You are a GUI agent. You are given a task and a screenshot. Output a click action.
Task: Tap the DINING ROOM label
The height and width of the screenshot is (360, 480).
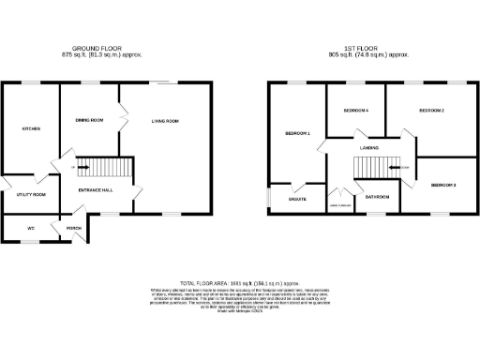click(x=88, y=121)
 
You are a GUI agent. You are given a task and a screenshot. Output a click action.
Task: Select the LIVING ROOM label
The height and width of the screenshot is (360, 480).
click(x=165, y=121)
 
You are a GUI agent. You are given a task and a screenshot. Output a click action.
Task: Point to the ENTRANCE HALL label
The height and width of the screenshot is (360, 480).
click(x=96, y=190)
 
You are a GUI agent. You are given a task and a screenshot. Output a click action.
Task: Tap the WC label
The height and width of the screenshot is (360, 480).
click(x=30, y=228)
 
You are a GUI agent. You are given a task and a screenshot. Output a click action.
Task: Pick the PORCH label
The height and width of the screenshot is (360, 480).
click(x=73, y=228)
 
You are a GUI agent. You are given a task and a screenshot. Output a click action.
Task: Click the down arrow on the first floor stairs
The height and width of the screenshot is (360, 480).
click(x=405, y=168)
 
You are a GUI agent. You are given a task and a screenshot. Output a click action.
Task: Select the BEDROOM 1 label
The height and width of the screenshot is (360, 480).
click(x=297, y=133)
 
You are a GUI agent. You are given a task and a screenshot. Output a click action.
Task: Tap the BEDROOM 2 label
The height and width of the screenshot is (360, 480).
click(x=430, y=111)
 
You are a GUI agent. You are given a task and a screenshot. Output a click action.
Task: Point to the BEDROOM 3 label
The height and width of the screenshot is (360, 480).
click(x=443, y=185)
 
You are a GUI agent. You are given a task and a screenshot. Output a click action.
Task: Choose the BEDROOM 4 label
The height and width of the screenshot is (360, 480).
click(x=355, y=111)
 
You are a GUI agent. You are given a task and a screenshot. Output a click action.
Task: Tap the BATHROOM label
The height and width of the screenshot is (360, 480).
click(x=378, y=197)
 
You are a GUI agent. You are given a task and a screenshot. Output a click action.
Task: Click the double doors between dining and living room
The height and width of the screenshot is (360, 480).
click(x=120, y=120)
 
